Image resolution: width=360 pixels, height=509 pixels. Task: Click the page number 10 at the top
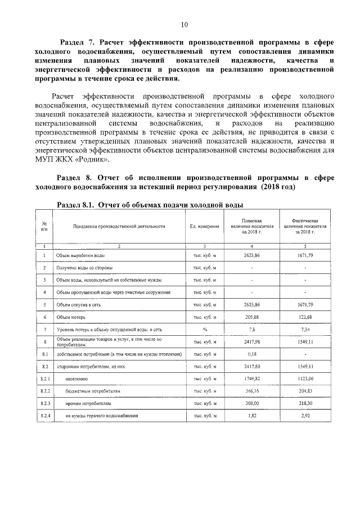pos(184,24)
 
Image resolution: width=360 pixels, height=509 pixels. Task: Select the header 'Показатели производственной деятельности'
pos(119,227)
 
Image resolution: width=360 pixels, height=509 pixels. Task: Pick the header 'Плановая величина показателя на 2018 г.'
pos(251,227)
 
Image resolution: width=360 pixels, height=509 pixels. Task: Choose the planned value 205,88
pos(251,317)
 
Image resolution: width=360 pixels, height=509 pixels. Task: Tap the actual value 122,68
pos(305,317)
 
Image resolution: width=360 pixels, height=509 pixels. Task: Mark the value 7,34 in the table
pos(305,329)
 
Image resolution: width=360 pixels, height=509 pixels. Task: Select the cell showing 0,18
pos(251,354)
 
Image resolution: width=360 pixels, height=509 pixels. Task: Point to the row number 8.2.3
pos(44,403)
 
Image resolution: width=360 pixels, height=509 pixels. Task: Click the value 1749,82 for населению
pos(251,379)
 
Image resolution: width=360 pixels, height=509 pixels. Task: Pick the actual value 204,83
pos(305,391)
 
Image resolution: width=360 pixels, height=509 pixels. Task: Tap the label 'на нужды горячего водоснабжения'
pos(101,416)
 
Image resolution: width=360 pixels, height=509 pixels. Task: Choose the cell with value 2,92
pos(305,416)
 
